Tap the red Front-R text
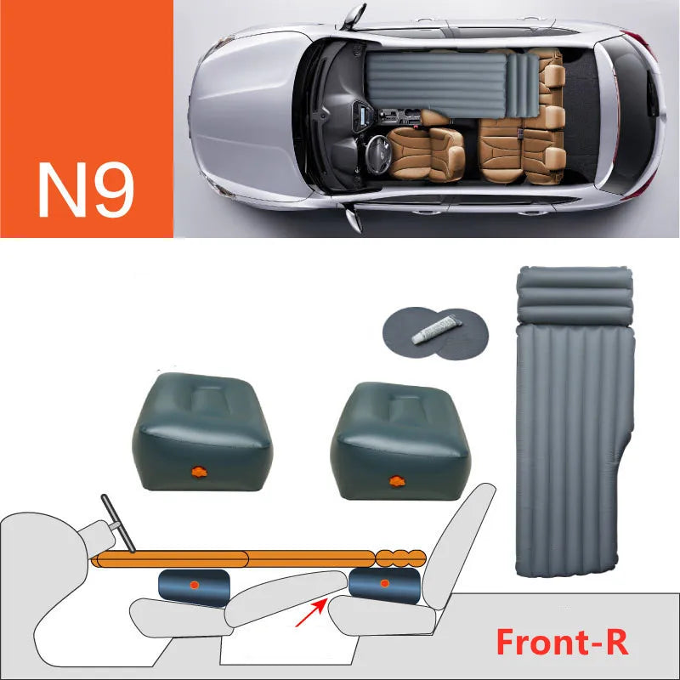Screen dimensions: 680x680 coord(562,642)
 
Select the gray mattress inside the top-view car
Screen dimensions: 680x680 coord(442,83)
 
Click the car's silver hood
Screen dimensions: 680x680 coord(242,110)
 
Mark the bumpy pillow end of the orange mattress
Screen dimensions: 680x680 coord(399,558)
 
